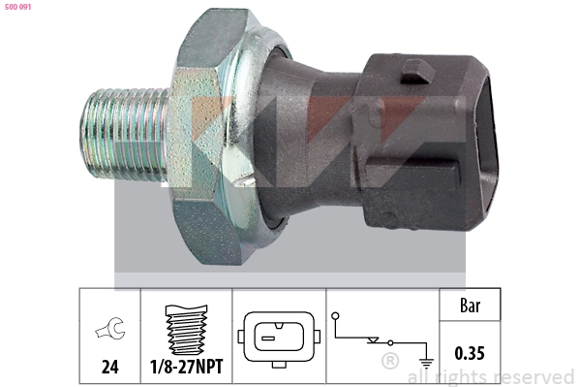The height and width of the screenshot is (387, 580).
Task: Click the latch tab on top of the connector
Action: click(415, 70)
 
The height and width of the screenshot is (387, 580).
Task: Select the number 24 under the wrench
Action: click(108, 368)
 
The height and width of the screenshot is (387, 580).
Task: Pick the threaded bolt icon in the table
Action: click(184, 330)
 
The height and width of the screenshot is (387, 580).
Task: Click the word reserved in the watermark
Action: click(533, 376)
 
